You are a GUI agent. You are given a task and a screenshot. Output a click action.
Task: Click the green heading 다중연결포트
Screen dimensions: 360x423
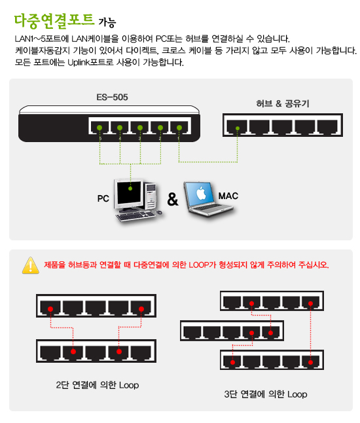click(54, 21)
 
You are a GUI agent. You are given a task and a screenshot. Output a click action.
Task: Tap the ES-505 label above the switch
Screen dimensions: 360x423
click(112, 97)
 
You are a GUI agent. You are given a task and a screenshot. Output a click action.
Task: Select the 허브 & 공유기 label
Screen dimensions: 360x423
click(282, 103)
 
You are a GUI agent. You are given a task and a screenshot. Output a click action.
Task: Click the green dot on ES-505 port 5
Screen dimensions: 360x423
click(99, 128)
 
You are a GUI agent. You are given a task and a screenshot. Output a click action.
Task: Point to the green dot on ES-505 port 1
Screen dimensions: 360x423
click(179, 128)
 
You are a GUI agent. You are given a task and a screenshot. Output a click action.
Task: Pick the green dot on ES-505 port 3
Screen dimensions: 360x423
click(139, 128)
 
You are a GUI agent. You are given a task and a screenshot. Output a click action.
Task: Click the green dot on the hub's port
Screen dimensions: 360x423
click(238, 128)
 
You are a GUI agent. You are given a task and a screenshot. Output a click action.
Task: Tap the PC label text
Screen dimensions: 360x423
click(103, 198)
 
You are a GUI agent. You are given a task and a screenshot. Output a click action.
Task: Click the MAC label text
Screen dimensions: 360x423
click(228, 196)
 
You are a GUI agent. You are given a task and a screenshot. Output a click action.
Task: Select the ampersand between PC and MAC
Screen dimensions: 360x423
click(173, 199)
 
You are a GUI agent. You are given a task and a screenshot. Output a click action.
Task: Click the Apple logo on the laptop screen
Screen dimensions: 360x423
click(201, 193)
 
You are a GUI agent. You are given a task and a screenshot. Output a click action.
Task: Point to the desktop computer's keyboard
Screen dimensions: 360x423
click(135, 216)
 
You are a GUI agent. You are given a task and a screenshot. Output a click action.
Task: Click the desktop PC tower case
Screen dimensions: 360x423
click(151, 196)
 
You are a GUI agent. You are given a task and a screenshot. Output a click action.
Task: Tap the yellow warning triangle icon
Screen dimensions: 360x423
click(31, 265)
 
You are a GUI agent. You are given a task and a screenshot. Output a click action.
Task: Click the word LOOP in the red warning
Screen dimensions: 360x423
click(199, 265)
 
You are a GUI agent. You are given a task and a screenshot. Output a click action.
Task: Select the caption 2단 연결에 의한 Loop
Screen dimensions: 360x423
click(98, 385)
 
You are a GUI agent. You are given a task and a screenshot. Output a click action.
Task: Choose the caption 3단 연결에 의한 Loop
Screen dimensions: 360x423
click(266, 394)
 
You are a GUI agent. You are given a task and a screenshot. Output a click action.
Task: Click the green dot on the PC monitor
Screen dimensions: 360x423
click(130, 189)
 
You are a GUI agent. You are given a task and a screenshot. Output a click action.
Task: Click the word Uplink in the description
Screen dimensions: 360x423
click(78, 63)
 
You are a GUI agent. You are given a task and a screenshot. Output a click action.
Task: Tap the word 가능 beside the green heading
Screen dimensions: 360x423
click(107, 23)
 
